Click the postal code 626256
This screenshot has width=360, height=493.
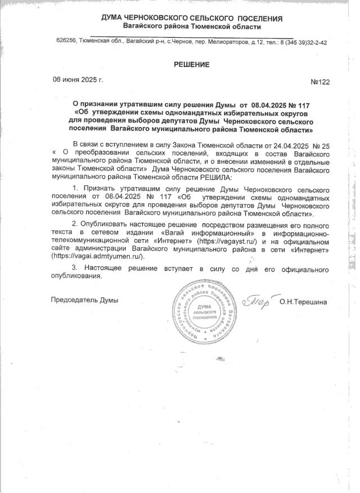coord(67,42)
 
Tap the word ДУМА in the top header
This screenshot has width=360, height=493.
coord(114,18)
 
